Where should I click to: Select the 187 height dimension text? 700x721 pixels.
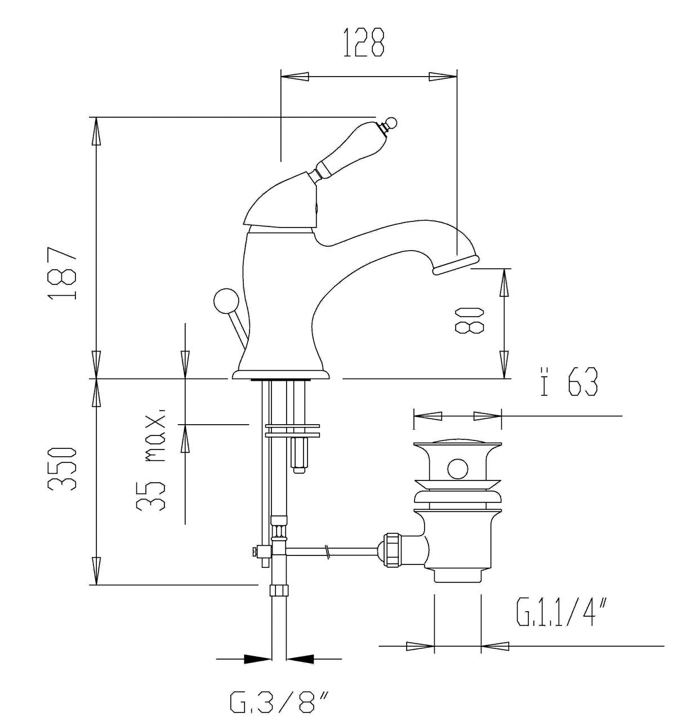point(63,273)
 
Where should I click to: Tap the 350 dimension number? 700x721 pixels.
point(63,468)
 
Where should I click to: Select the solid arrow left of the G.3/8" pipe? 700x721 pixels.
point(257,658)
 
